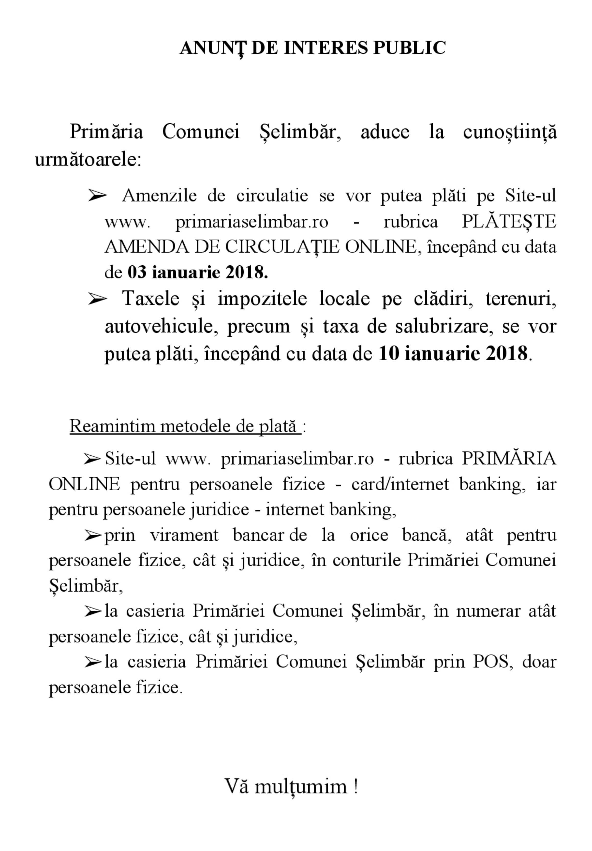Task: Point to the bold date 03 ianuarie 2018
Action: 198,273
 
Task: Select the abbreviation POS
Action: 493,661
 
